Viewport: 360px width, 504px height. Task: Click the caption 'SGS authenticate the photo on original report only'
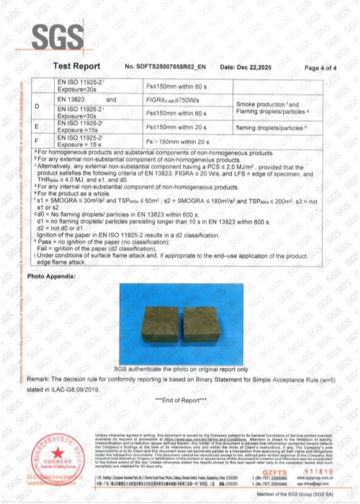pos(180,368)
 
